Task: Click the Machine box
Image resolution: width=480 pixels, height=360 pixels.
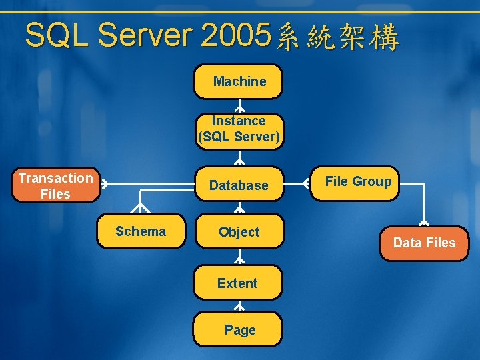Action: [x=238, y=81]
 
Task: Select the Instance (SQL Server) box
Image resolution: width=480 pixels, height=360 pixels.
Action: [x=239, y=129]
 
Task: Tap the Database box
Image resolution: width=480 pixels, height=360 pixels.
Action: [x=239, y=185]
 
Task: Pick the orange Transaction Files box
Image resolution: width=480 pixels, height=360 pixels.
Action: [x=55, y=185]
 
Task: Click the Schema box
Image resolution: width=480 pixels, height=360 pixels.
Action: [x=141, y=231]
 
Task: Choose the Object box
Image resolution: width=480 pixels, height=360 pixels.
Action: [x=239, y=232]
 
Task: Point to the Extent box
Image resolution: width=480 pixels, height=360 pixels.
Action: [x=237, y=283]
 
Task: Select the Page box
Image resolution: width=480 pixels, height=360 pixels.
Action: [x=238, y=329]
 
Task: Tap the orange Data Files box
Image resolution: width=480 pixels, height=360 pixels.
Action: [x=425, y=243]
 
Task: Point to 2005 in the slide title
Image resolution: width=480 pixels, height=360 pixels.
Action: [x=235, y=35]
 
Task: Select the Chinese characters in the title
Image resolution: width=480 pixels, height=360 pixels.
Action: [x=337, y=37]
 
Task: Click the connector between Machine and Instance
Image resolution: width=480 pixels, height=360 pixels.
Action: [x=239, y=107]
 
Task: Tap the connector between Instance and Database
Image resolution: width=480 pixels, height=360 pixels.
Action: [x=239, y=157]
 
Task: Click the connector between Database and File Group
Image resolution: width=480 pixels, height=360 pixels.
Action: [x=297, y=185]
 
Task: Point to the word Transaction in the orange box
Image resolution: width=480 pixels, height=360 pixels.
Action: [x=55, y=178]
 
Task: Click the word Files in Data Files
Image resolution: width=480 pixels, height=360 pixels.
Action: [x=440, y=243]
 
